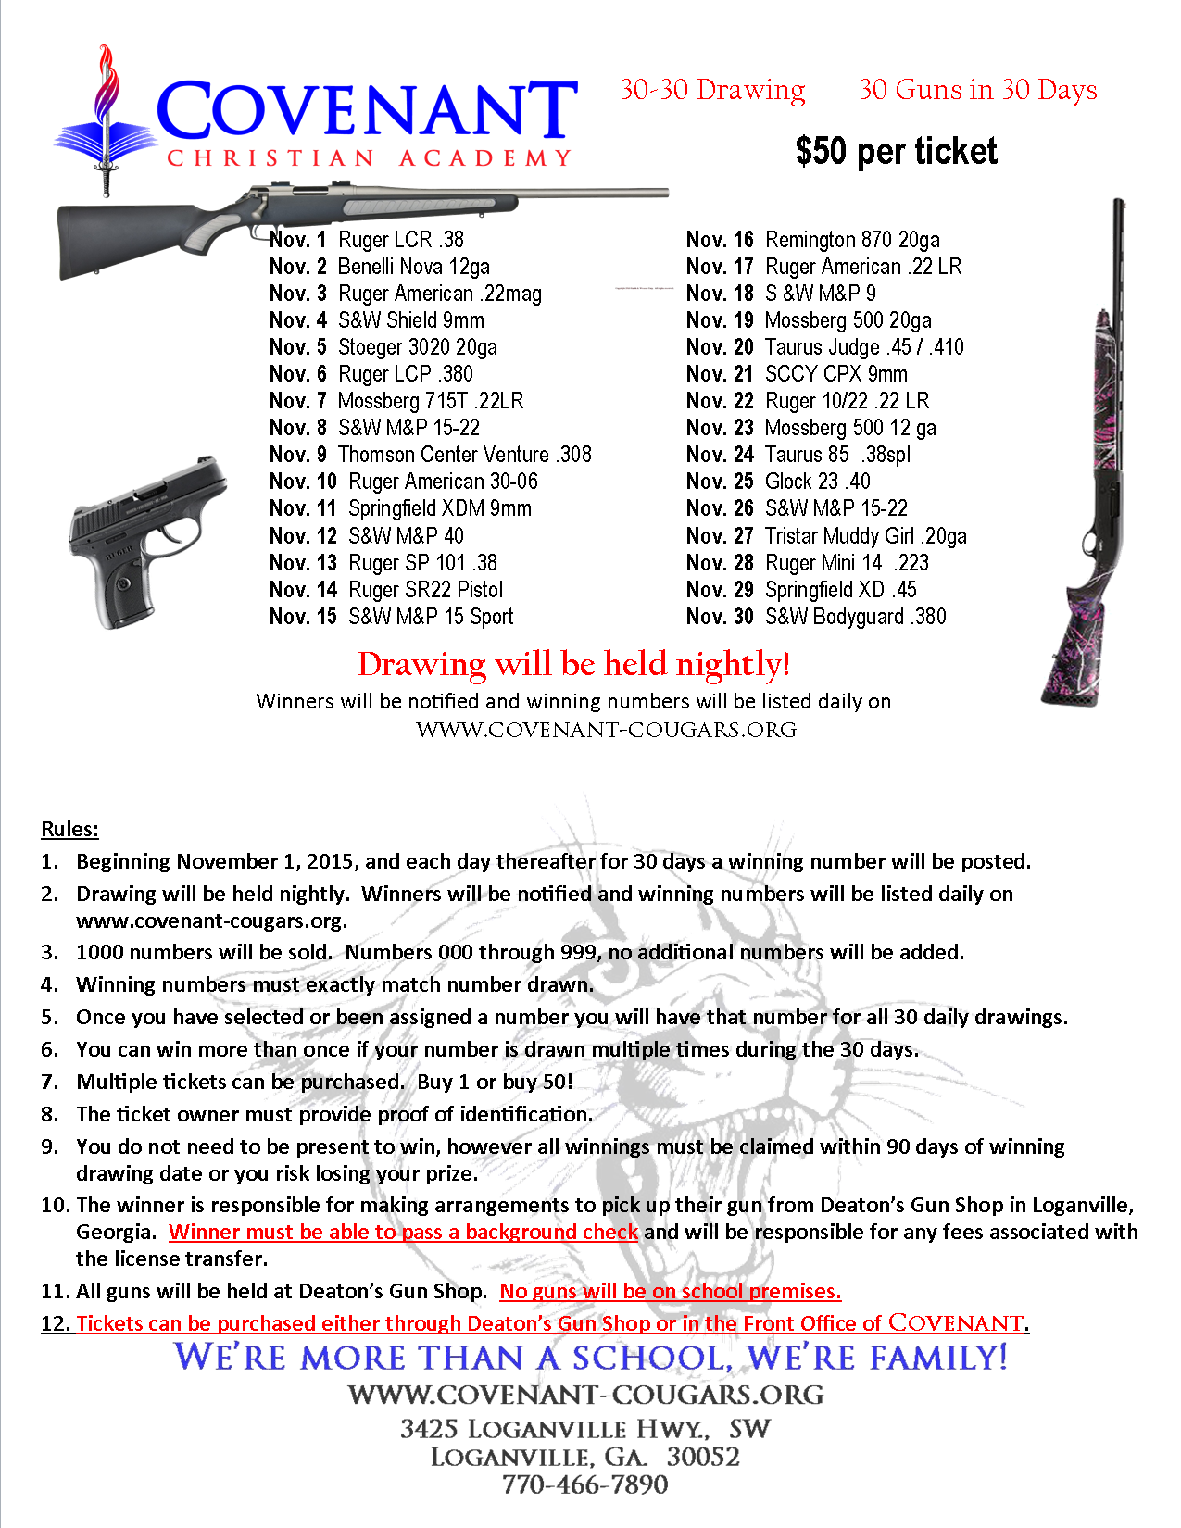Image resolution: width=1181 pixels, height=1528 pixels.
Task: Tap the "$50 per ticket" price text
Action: coord(896,152)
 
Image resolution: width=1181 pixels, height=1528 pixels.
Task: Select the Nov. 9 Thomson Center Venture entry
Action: coord(430,455)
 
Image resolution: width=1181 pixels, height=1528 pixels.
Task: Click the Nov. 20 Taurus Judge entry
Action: coord(824,347)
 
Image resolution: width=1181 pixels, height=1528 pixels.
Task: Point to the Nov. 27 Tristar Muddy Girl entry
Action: coord(825,536)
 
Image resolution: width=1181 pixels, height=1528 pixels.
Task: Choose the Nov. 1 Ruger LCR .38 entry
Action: coord(367,240)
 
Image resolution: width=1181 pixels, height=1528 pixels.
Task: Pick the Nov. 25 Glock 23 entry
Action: coord(778,482)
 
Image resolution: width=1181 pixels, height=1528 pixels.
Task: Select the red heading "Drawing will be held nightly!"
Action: coord(573,664)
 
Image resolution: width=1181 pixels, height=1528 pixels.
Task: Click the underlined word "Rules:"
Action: coord(69,829)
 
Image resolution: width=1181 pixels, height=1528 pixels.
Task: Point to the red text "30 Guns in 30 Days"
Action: coord(977,90)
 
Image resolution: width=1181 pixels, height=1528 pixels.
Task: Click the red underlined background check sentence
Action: coord(403,1232)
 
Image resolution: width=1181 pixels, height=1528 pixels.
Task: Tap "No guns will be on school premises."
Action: coord(670,1291)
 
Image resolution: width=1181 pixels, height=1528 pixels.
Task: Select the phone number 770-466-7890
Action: coord(584,1484)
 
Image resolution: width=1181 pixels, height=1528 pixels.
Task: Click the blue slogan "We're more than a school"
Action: coord(590,1357)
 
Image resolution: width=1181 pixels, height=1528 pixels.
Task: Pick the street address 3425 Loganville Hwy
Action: coord(584,1428)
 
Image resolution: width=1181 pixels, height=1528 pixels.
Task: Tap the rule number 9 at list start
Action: coord(50,1146)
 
